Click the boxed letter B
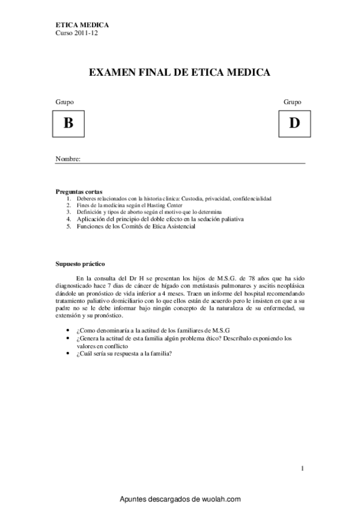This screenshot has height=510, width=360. tap(68, 124)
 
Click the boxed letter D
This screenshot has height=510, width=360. tap(294, 124)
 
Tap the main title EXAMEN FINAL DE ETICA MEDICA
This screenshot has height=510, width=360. tap(180, 73)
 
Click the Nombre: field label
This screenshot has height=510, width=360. tap(68, 159)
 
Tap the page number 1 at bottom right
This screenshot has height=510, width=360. tap(302, 467)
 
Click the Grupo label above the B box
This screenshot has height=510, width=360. tap(64, 102)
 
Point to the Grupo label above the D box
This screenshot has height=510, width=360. tap(293, 102)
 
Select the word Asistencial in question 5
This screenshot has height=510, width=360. tap(178, 227)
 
